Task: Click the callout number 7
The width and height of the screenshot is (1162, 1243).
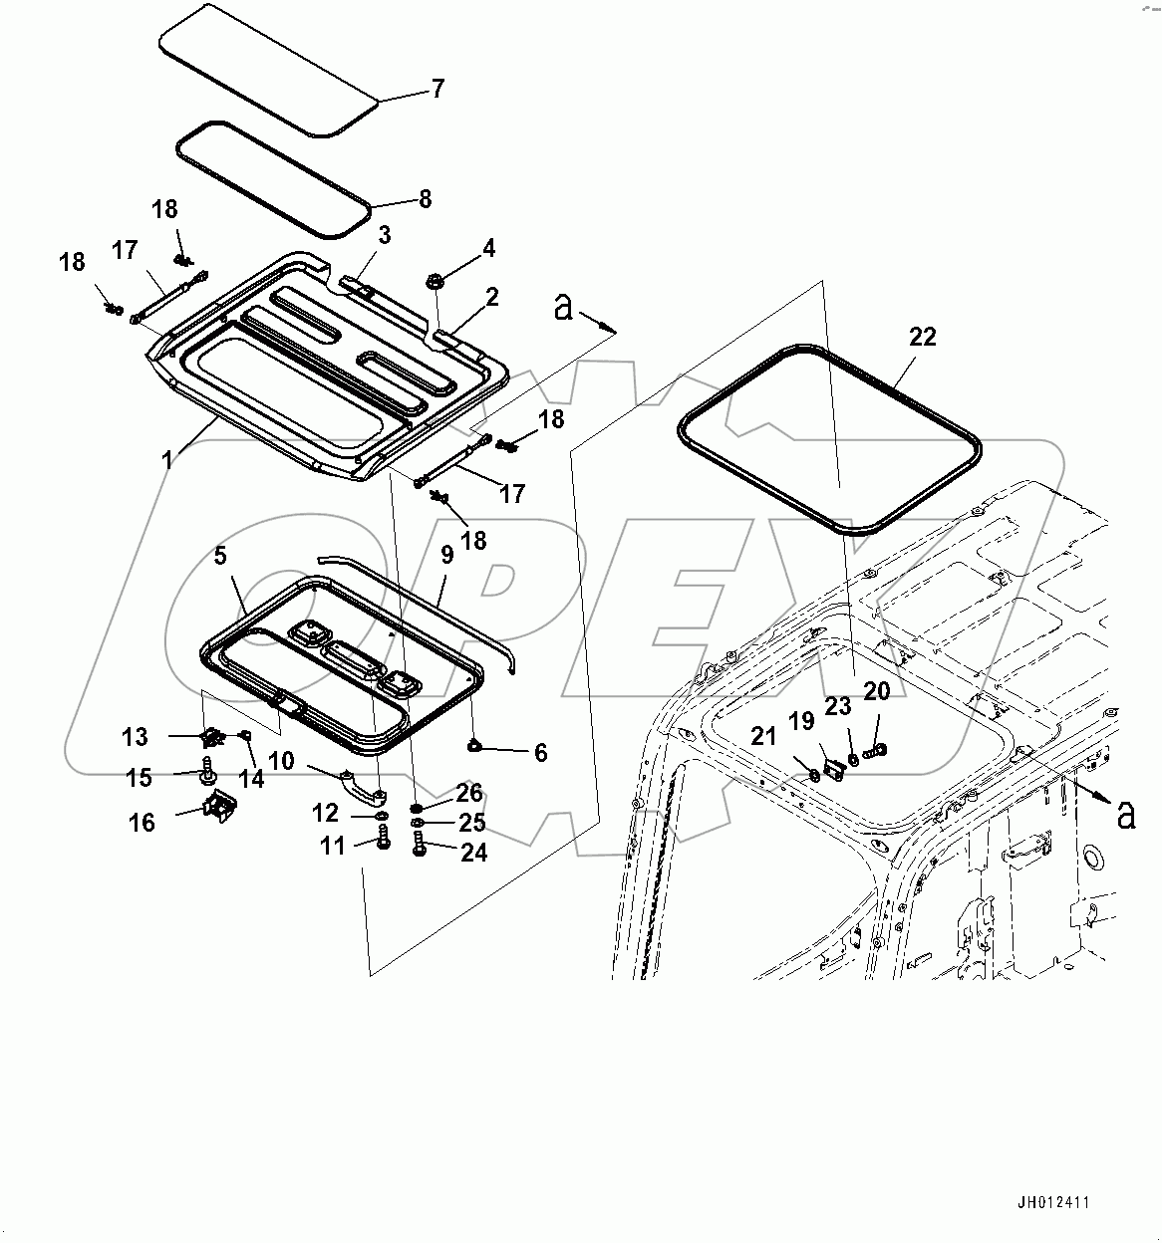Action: pyautogui.click(x=437, y=89)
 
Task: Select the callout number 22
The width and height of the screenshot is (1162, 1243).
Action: pyautogui.click(x=923, y=337)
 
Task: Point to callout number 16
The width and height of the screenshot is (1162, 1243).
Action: pyautogui.click(x=143, y=822)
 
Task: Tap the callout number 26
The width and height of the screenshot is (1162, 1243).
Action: pyautogui.click(x=468, y=793)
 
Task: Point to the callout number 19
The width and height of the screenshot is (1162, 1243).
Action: pyautogui.click(x=801, y=720)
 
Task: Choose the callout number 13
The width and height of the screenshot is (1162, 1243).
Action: pyautogui.click(x=136, y=737)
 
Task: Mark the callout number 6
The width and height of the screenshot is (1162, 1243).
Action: pyautogui.click(x=540, y=752)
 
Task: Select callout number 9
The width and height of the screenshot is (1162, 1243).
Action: pyautogui.click(x=446, y=554)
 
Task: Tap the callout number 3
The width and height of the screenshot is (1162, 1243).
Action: pyautogui.click(x=384, y=235)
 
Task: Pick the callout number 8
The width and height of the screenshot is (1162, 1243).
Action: pyautogui.click(x=426, y=199)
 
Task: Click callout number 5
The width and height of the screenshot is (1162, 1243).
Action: pyautogui.click(x=221, y=556)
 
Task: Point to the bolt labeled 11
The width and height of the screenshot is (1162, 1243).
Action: pyautogui.click(x=384, y=843)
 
